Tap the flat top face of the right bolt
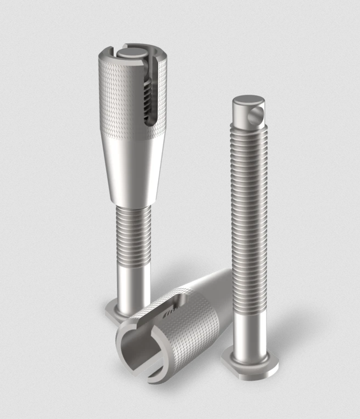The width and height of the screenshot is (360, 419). tap(248, 102)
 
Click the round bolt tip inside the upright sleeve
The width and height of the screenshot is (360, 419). tap(131, 53)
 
